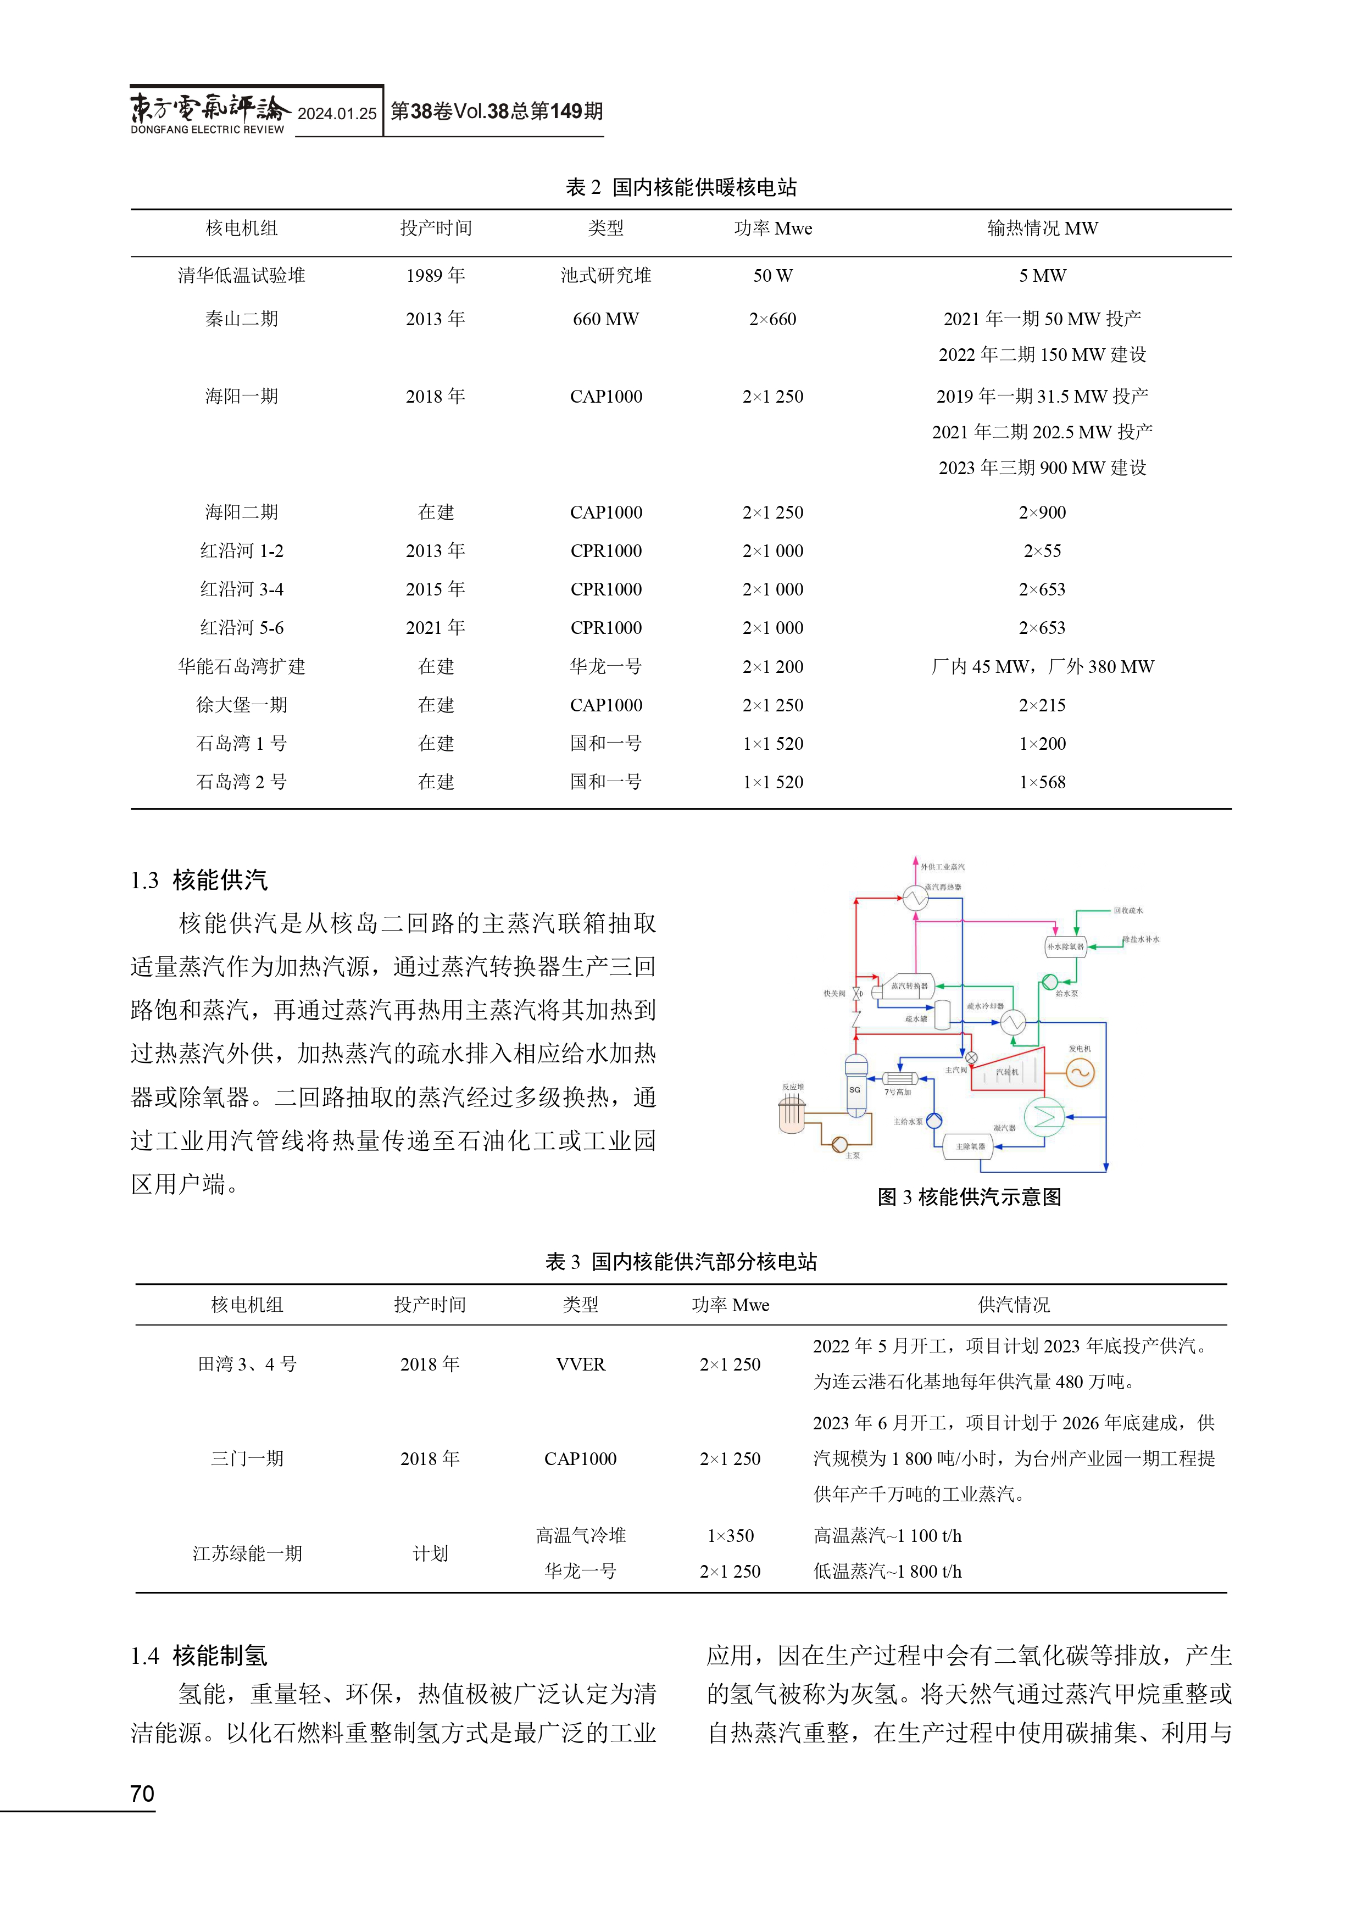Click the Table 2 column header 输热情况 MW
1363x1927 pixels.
coord(1042,229)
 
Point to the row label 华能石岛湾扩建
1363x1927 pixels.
coord(242,666)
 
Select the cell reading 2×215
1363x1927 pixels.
coord(1042,705)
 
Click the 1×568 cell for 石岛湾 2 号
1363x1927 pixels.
coord(1042,782)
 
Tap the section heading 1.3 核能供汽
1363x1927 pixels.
coord(199,881)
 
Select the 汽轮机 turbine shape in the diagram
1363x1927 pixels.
coord(1008,1071)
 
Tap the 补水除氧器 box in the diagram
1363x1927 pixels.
coord(1065,946)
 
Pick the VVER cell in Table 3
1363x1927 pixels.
coord(580,1365)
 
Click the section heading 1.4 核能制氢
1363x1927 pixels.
coord(199,1656)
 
